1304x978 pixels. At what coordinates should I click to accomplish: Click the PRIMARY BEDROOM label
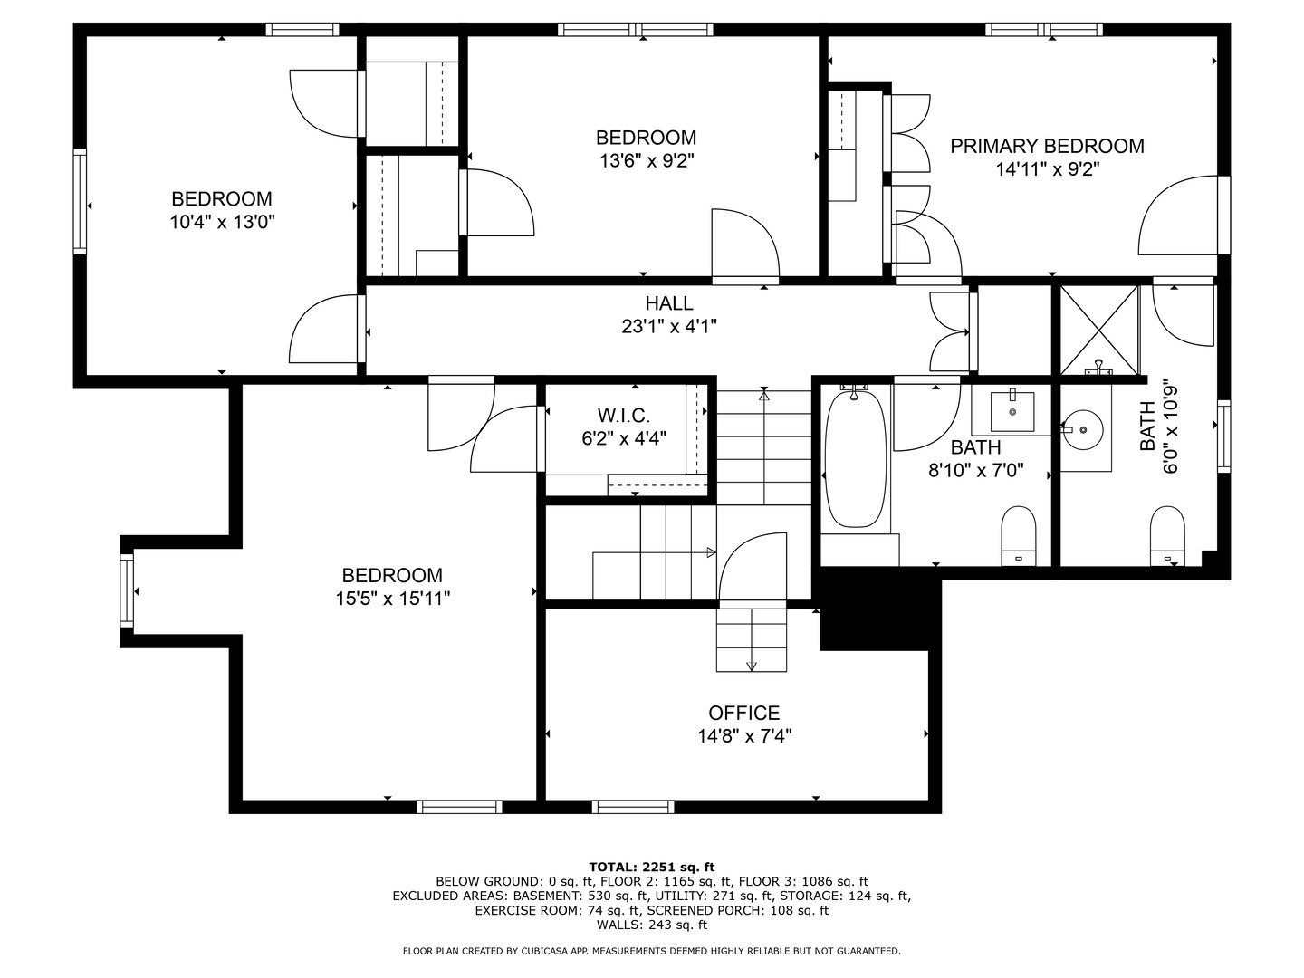pos(1047,146)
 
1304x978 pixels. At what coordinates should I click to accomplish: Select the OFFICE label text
pos(743,714)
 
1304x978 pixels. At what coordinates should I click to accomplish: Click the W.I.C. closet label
pos(623,416)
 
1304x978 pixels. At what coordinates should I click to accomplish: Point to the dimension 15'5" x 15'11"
pos(392,599)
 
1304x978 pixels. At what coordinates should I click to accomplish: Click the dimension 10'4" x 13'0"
pos(222,222)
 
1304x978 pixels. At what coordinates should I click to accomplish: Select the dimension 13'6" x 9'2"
pos(646,161)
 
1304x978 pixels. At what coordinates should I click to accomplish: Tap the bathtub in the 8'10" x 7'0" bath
pos(855,458)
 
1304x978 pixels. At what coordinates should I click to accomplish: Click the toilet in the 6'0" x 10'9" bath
pos(1166,536)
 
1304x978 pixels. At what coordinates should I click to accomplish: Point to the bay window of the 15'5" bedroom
pos(127,591)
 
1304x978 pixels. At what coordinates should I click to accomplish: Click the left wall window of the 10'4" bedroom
pos(80,202)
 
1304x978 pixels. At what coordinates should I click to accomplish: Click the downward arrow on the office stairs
pos(752,666)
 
